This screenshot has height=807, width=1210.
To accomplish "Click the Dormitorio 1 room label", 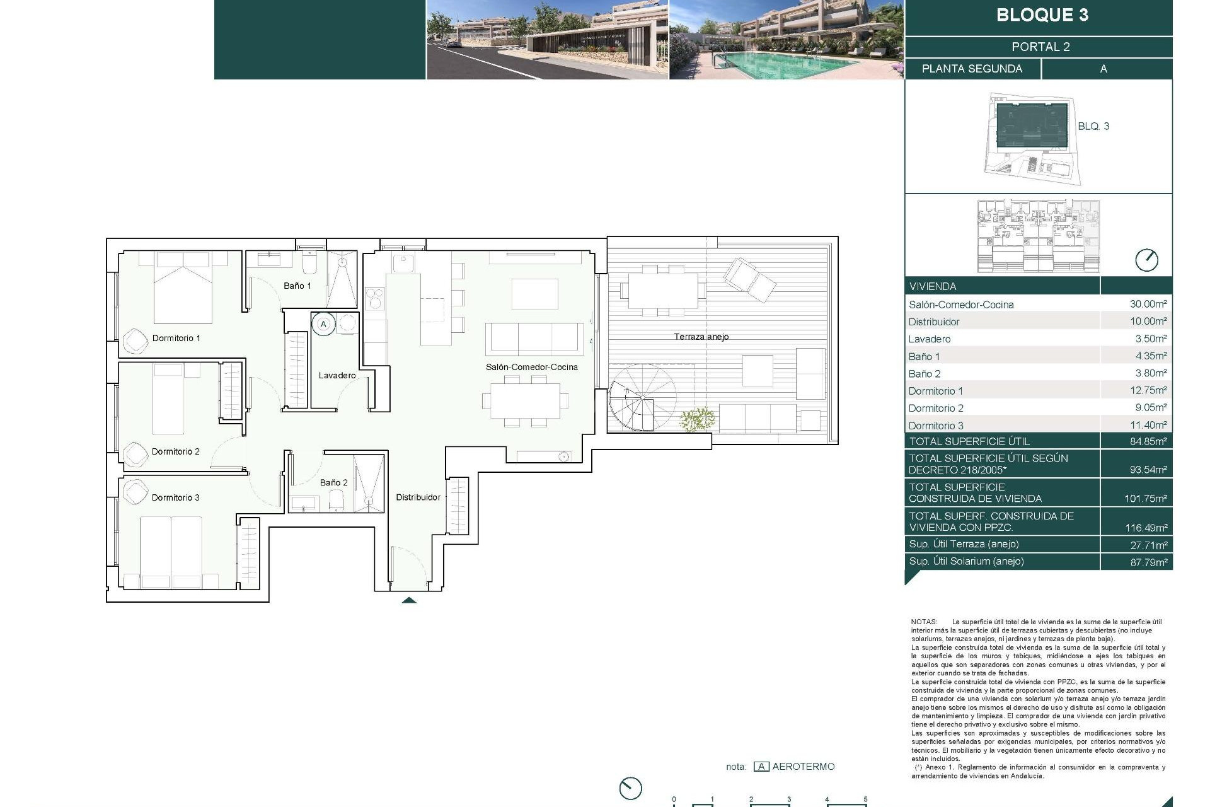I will [176, 338].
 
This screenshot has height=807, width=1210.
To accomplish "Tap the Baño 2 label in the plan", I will [333, 482].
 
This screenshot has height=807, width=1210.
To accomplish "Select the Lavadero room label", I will [337, 375].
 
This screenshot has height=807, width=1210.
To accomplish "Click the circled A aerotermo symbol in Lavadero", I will [323, 324].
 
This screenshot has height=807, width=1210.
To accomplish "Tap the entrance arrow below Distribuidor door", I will [409, 600].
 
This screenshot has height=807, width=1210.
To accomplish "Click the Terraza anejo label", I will [701, 337].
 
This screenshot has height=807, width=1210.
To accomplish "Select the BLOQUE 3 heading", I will [1042, 15].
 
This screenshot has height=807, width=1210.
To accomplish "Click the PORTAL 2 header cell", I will [1040, 47].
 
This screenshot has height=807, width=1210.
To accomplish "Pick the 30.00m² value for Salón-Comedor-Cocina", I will [1148, 304].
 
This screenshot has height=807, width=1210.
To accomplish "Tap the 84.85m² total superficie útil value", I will [1148, 441].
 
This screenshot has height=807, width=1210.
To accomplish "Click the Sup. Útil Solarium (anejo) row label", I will [965, 561].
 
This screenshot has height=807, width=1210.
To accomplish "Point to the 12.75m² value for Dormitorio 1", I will [1148, 390].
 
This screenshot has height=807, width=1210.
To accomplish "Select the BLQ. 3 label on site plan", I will [1093, 126].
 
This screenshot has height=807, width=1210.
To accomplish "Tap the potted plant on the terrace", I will [697, 419].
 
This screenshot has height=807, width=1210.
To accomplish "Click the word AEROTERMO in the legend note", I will [803, 767].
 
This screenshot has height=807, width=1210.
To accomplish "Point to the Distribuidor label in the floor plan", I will [418, 497].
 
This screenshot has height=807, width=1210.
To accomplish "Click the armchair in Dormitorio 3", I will [135, 492].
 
